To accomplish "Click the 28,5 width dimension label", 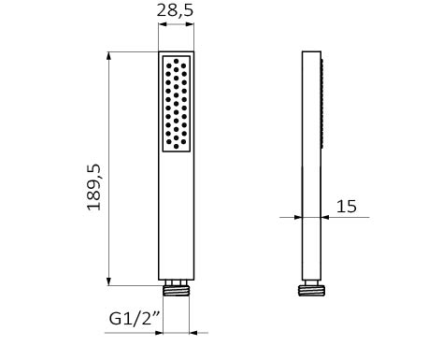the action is [x=175, y=10].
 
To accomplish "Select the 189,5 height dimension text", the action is [x=93, y=187].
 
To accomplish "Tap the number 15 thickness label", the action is [x=347, y=207].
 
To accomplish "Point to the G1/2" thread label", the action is [x=135, y=318].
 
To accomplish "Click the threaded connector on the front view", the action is [x=176, y=291].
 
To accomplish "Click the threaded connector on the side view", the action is [x=311, y=291].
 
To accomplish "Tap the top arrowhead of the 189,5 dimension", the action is [x=108, y=56].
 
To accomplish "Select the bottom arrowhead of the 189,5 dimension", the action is [x=108, y=281].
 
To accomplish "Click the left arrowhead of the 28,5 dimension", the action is [x=163, y=24].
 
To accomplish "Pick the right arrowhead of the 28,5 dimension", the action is [x=190, y=24].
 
